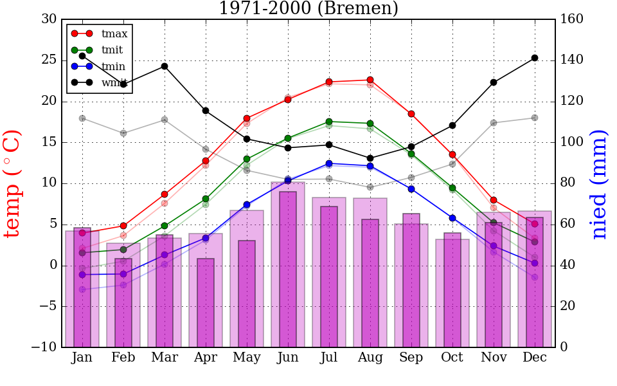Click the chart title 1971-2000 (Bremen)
308,9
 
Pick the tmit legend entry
112,50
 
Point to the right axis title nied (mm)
599,184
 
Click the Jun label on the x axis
288,358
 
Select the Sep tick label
411,358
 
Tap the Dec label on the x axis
535,358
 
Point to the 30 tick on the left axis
49,19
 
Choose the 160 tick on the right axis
572,19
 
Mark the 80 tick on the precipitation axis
569,183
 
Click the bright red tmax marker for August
370,80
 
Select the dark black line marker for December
535,58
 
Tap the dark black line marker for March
165,66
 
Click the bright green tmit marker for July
329,122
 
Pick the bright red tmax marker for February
123,226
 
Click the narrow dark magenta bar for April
206,302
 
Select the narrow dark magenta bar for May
247,294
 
